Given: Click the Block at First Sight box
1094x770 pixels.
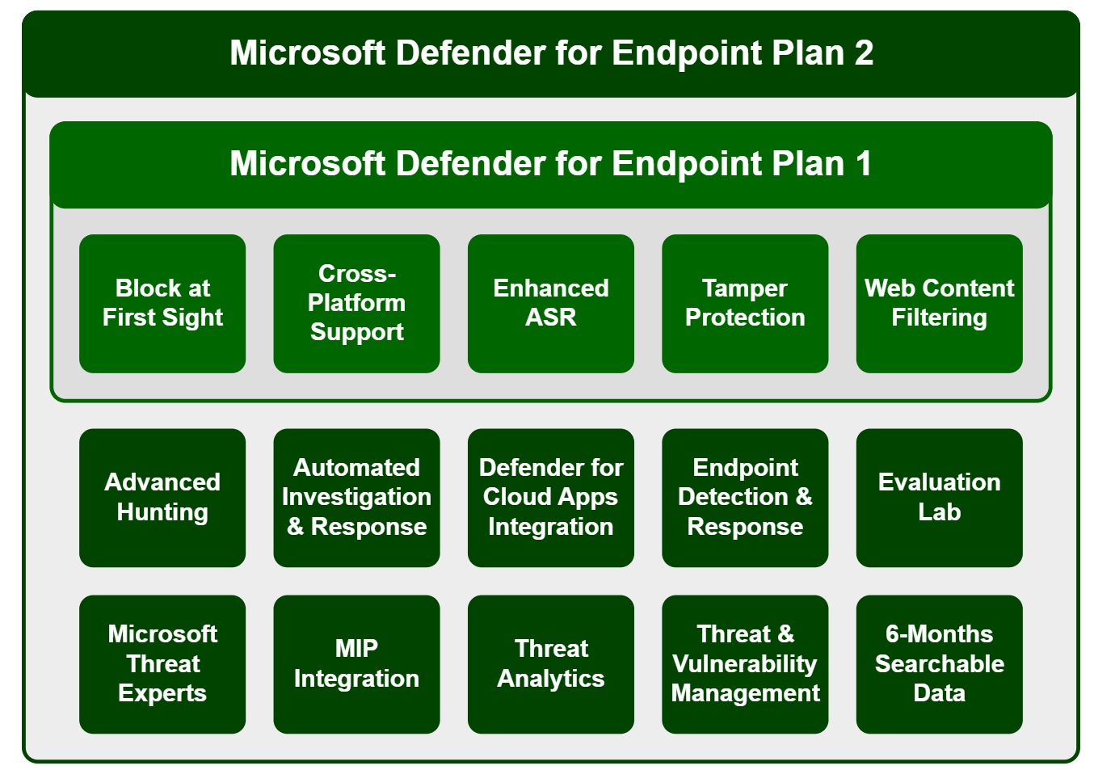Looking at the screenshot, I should [x=162, y=303].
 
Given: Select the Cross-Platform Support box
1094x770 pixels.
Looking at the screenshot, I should [x=356, y=303].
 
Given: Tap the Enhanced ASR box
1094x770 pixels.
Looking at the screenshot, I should [x=550, y=303].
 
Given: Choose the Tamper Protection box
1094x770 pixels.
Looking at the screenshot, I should [x=745, y=303].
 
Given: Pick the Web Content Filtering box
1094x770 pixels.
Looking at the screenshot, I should [x=939, y=303].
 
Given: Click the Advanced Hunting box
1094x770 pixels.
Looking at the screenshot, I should [x=162, y=497].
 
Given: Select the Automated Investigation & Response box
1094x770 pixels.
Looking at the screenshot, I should [x=356, y=497].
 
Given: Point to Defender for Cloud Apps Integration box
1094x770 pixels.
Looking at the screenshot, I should [x=550, y=497].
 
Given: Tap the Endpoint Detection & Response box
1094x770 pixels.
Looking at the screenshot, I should [x=745, y=497].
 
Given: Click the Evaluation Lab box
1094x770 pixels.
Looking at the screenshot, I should [x=939, y=497].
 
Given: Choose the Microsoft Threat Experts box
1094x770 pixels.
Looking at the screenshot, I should [x=162, y=664].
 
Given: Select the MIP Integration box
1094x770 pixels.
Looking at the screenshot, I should [x=356, y=664].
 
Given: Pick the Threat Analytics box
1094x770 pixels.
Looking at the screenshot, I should [x=550, y=664].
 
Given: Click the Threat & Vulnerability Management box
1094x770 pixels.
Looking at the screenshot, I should [x=745, y=664].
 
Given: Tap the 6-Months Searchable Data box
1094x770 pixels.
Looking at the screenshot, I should [x=939, y=664].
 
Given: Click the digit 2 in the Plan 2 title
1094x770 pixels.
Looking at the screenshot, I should [x=864, y=53].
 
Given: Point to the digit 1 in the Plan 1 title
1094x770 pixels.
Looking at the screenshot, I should [x=863, y=164].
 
